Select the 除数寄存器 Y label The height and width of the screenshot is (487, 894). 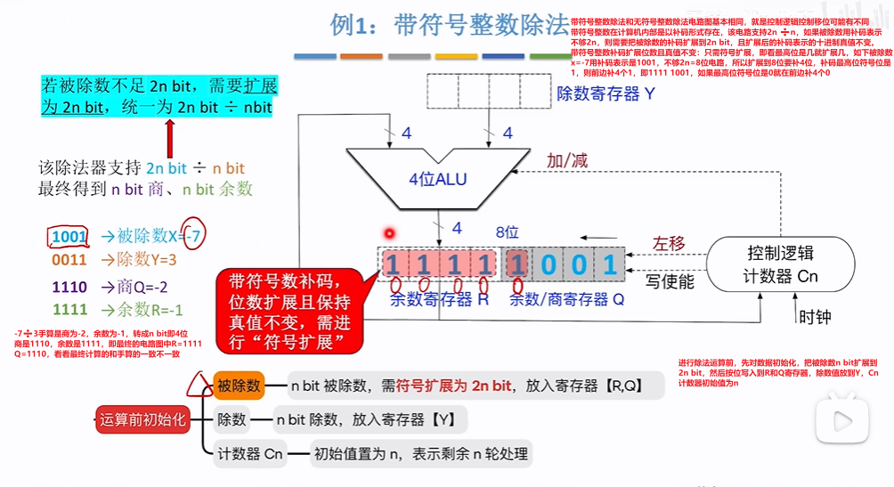click(605, 93)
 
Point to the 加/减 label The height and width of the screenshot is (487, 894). click(567, 160)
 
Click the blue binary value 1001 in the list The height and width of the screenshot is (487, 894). click(69, 237)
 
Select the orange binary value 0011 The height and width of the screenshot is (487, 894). click(69, 261)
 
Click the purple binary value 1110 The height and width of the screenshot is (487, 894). click(69, 287)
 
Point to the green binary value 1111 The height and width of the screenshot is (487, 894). click(69, 310)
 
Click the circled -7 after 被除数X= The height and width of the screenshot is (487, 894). click(193, 236)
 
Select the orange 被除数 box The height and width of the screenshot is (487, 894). click(239, 386)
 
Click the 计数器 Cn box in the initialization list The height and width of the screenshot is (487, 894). click(250, 454)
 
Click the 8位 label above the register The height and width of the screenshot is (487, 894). click(507, 233)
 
